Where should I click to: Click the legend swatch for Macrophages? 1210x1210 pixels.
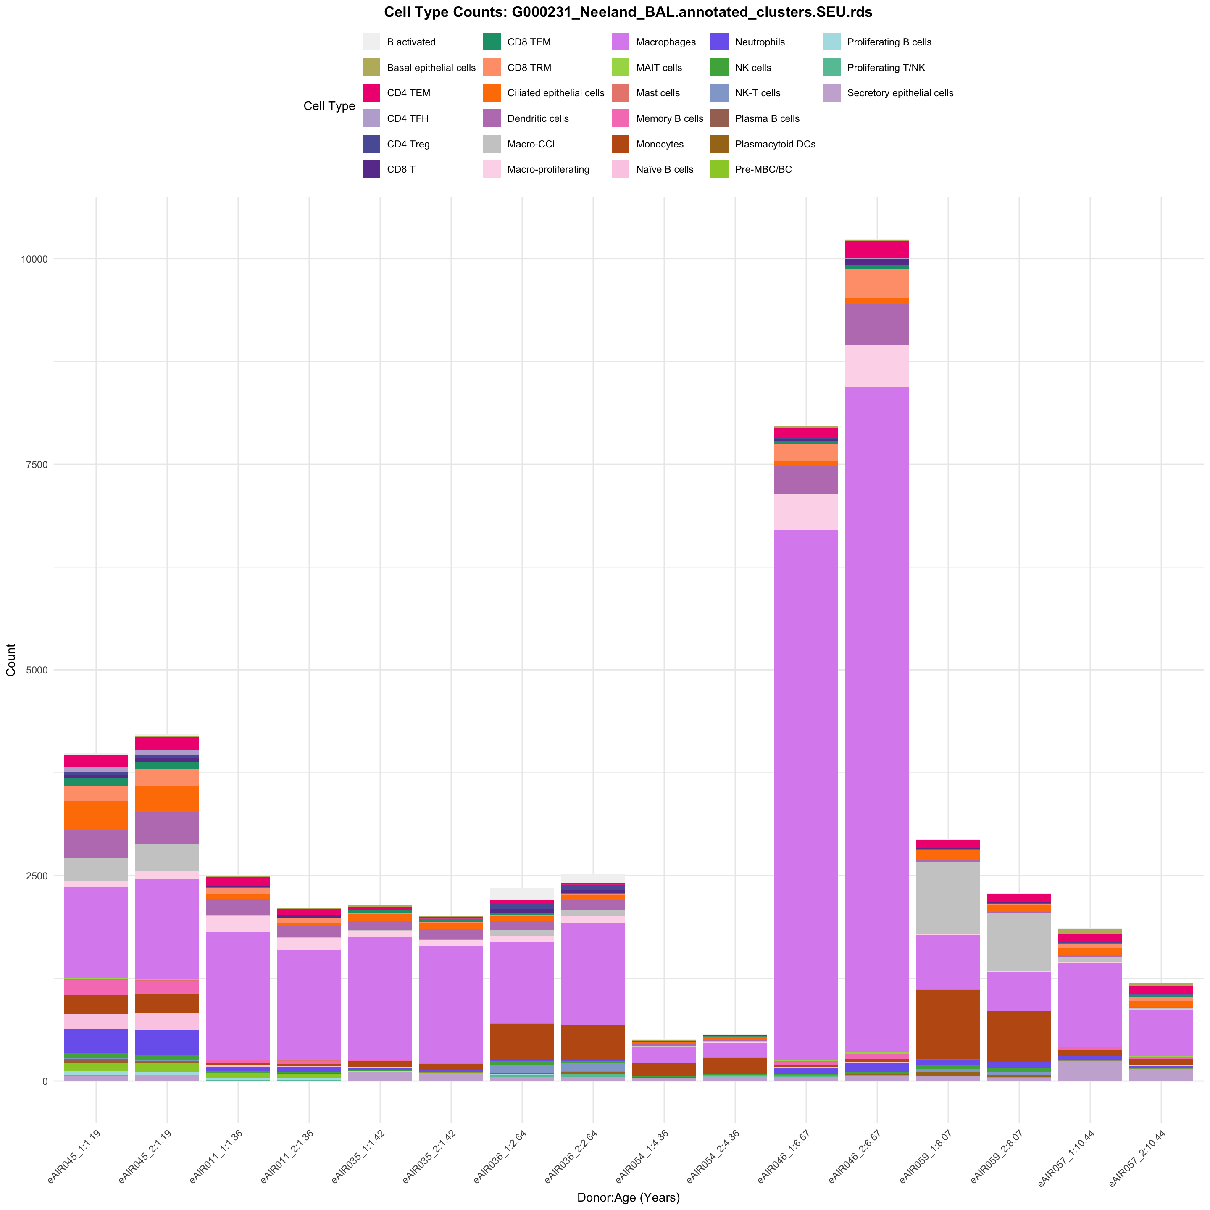pyautogui.click(x=621, y=42)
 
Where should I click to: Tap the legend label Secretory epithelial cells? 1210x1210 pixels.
pyautogui.click(x=900, y=93)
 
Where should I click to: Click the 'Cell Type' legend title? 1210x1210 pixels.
pyautogui.click(x=329, y=106)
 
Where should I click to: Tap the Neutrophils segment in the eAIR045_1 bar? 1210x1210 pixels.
pyautogui.click(x=96, y=1041)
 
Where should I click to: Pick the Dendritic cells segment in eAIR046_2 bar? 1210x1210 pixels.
pyautogui.click(x=877, y=324)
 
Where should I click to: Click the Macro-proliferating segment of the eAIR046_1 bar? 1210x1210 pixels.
pyautogui.click(x=806, y=512)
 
